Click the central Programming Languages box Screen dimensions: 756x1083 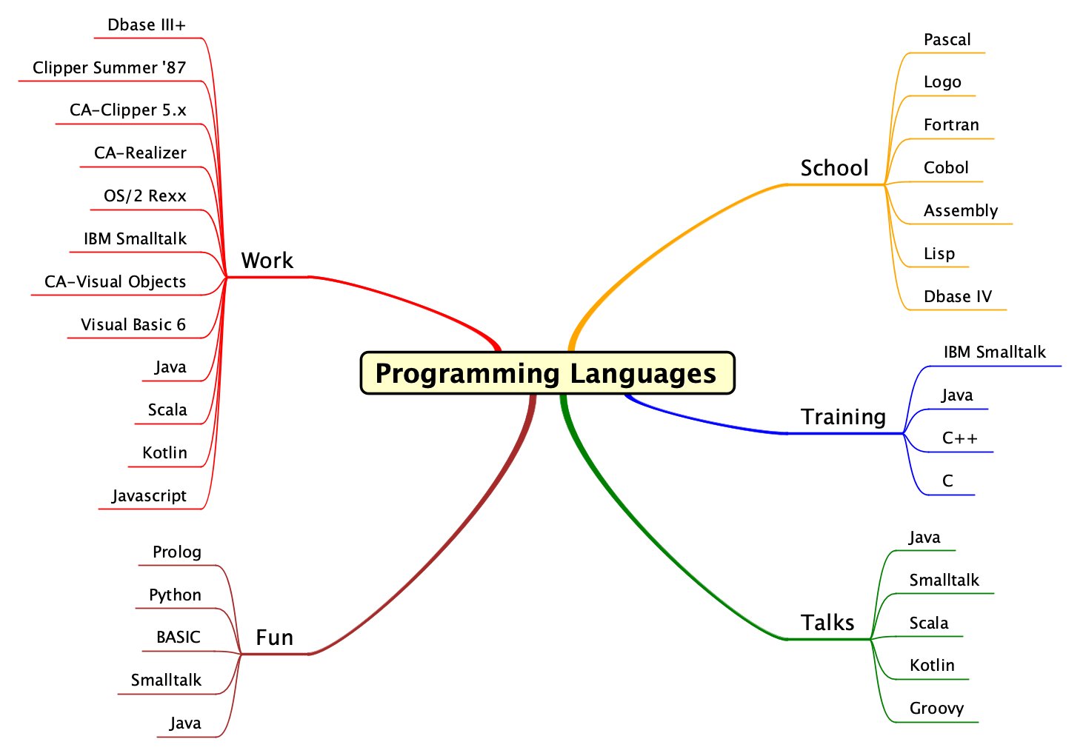point(547,373)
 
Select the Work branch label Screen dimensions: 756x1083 point(267,261)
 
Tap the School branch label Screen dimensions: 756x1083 point(834,168)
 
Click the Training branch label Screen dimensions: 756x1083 point(843,417)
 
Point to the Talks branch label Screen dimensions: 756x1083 point(827,623)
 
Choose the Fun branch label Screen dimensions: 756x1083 point(274,638)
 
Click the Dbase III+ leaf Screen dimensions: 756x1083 point(147,25)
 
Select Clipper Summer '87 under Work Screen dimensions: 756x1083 point(109,68)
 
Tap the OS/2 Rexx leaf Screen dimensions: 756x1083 point(145,196)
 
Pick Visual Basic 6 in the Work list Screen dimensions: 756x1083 point(133,325)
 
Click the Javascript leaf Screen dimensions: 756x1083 point(149,496)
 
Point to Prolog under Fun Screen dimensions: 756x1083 point(177,552)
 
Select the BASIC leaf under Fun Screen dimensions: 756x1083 point(179,638)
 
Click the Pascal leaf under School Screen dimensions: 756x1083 point(947,40)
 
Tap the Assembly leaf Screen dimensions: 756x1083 point(961,211)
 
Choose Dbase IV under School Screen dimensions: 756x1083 point(957,297)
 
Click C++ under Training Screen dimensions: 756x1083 point(959,438)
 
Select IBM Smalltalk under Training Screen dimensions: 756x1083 point(994,352)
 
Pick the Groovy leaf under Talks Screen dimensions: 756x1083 point(936,709)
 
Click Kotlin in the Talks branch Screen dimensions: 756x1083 point(932,666)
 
